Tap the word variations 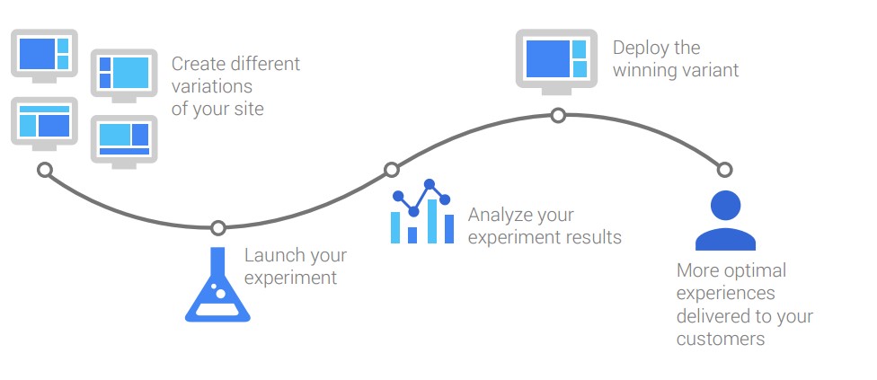click(212, 86)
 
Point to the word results click(591, 237)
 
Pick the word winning click(643, 70)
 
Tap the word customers click(721, 339)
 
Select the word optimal click(756, 271)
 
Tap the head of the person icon click(725, 206)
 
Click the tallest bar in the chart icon click(432, 221)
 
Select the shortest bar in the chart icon click(412, 234)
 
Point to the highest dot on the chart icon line click(430, 184)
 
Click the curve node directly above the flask click(218, 228)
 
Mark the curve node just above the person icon click(724, 169)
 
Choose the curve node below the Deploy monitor click(558, 116)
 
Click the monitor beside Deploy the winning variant click(556, 61)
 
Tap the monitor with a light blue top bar click(44, 124)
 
